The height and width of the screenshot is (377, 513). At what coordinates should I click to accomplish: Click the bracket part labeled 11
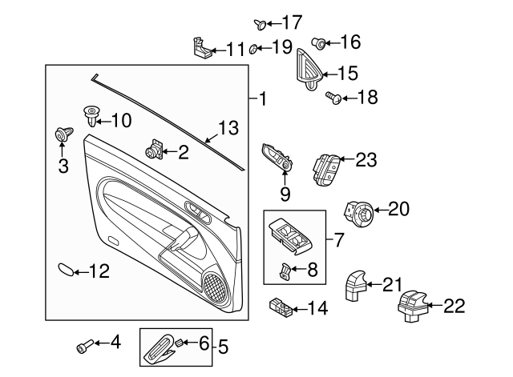coord(204,49)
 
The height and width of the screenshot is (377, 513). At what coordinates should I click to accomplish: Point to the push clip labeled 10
coord(91,118)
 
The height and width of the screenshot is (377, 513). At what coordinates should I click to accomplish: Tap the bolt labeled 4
coord(82,347)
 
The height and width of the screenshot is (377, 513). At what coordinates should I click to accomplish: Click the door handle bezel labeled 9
coord(277,160)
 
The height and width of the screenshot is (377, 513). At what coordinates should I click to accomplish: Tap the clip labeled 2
coord(153,148)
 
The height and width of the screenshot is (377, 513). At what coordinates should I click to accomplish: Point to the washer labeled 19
coord(253,48)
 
